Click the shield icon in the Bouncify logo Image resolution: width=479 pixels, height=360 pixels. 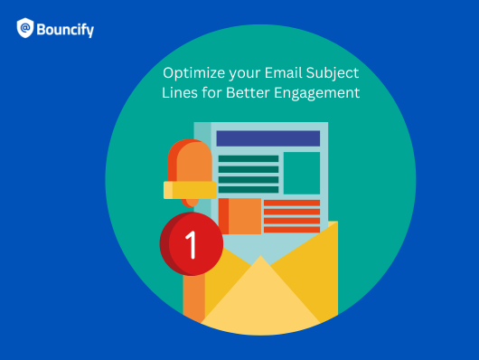click(25, 29)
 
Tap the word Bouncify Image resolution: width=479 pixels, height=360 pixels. click(67, 30)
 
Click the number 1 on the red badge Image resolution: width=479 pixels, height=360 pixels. click(191, 243)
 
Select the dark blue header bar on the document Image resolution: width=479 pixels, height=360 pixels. click(268, 138)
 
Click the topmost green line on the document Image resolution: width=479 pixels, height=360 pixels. click(249, 158)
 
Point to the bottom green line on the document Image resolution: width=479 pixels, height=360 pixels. click(249, 189)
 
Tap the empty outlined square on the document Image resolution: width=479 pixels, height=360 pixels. click(302, 172)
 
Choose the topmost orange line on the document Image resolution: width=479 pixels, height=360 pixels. click(292, 203)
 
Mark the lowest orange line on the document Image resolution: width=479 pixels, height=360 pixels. click(292, 229)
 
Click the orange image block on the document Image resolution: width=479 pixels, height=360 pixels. click(239, 216)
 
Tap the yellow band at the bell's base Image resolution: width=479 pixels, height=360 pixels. click(191, 189)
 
